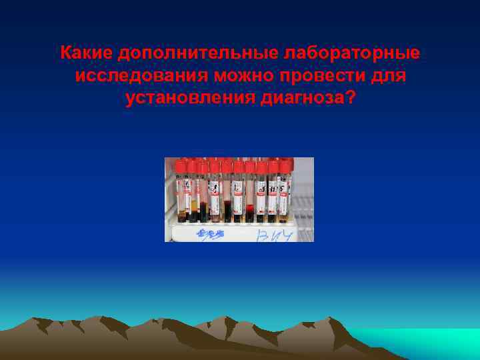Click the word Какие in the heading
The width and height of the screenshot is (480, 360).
(x=85, y=52)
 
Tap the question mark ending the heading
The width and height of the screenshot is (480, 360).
(x=351, y=99)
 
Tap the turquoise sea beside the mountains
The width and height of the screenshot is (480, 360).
(x=427, y=340)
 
